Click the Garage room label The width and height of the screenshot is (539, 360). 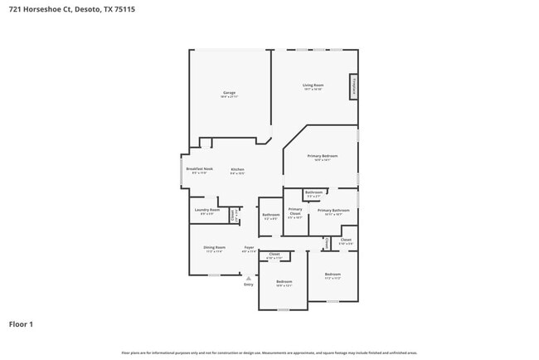click(x=229, y=93)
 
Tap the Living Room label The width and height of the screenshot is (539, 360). click(x=313, y=85)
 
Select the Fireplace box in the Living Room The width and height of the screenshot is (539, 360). click(x=353, y=85)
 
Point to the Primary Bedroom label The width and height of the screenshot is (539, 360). click(x=323, y=157)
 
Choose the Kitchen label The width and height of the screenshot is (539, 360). click(x=237, y=169)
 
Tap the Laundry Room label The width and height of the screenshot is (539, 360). click(x=206, y=211)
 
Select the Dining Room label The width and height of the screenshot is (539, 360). click(x=214, y=248)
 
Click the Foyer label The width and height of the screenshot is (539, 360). click(x=248, y=248)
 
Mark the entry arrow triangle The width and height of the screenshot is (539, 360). click(x=248, y=278)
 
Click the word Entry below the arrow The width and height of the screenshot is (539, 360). click(x=248, y=285)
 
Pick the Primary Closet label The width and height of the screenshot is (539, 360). click(x=295, y=212)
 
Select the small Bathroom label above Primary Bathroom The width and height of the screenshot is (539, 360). click(x=313, y=192)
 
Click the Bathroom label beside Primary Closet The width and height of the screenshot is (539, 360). click(x=270, y=216)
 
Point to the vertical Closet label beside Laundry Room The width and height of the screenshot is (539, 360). click(x=232, y=214)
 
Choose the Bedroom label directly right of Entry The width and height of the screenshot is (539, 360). click(x=284, y=282)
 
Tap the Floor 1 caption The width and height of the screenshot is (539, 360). click(x=21, y=324)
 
